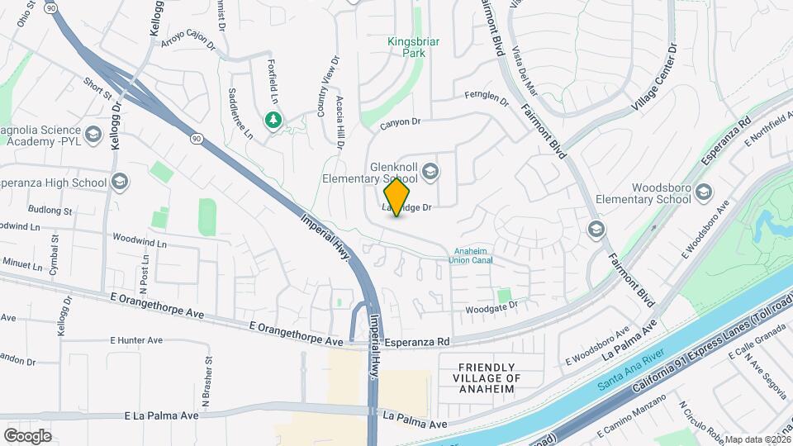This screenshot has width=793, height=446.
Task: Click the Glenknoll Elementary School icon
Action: coord(430,172)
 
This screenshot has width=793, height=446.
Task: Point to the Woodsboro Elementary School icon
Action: coord(703,192)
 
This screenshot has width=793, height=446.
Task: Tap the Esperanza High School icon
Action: coord(120,181)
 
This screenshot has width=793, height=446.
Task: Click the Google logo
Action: coord(28,435)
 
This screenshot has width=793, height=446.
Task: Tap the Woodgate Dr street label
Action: coord(491,306)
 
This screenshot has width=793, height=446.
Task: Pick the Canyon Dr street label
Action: coord(401,122)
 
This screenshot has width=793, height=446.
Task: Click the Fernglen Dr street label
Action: coord(487,98)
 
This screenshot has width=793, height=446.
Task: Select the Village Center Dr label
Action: coord(654,79)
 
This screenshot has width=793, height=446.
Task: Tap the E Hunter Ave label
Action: coord(137,339)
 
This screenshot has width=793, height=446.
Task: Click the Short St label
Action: coord(97,88)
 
